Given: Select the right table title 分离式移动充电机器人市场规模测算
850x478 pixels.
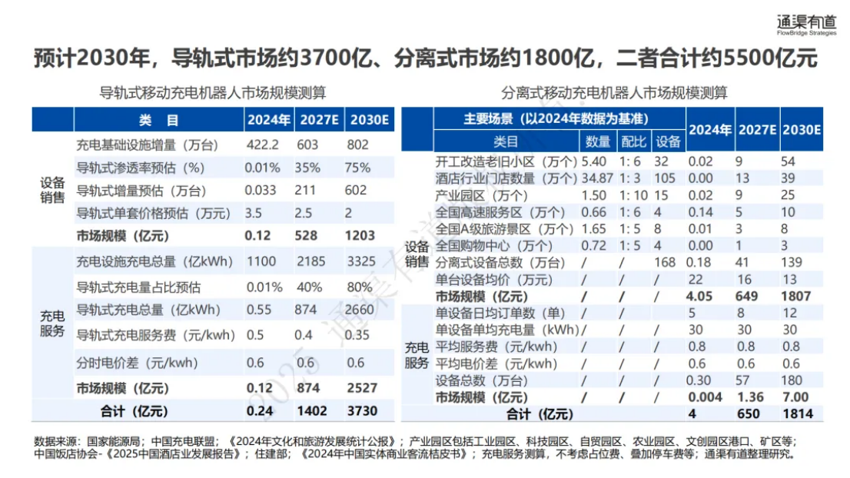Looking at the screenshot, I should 614,93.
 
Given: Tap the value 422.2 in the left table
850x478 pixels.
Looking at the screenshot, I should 261,145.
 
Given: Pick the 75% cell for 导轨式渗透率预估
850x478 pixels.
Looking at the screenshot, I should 358,168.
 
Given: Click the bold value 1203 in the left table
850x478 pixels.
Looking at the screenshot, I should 361,235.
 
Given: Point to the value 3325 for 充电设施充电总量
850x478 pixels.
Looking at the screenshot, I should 362,261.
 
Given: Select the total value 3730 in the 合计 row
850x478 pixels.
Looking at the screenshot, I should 362,410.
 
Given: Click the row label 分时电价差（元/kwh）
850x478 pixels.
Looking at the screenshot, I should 137,363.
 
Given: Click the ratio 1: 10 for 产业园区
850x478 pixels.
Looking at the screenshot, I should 633,195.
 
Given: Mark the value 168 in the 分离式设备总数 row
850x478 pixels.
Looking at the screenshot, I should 666,264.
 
